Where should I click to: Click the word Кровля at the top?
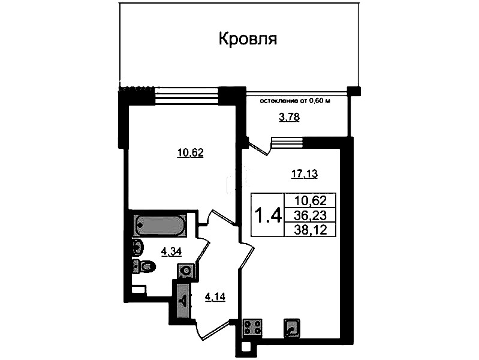pyautogui.click(x=248, y=40)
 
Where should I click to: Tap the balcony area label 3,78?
pyautogui.click(x=290, y=117)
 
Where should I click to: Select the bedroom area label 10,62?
pyautogui.click(x=190, y=152)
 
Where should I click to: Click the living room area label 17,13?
pyautogui.click(x=305, y=174)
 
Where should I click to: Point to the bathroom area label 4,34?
pyautogui.click(x=171, y=252)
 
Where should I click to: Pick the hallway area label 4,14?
pyautogui.click(x=215, y=296)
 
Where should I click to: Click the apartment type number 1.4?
pyautogui.click(x=268, y=215)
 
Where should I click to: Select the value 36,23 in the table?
pyautogui.click(x=310, y=215)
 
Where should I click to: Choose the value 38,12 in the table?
pyautogui.click(x=311, y=230)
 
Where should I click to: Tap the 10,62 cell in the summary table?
pyautogui.click(x=310, y=201)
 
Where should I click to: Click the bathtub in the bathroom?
pyautogui.click(x=160, y=226)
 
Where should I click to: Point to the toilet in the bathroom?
pyautogui.click(x=144, y=266)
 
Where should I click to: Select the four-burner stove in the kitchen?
pyautogui.click(x=252, y=328)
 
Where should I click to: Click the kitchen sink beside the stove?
pyautogui.click(x=292, y=328)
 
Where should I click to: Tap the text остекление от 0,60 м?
pyautogui.click(x=295, y=101)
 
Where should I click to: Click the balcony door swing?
pyautogui.click(x=260, y=146)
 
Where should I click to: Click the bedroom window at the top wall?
pyautogui.click(x=186, y=95)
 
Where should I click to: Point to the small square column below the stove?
pyautogui.click(x=246, y=347)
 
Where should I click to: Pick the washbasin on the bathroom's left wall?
pyautogui.click(x=137, y=247)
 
